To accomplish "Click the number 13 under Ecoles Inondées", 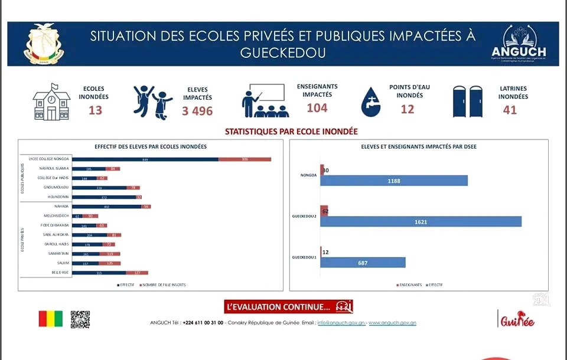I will tap(95, 110).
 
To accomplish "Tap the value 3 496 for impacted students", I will tap(197, 111).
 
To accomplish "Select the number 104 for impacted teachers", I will tap(317, 107).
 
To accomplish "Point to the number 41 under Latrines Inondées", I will tap(510, 110).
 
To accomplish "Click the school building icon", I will tap(51, 102).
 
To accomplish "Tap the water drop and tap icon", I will tap(371, 102).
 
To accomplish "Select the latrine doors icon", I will tap(467, 102).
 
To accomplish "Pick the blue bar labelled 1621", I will tap(421, 221).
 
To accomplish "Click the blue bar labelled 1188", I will tap(394, 181).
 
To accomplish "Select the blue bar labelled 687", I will tap(363, 262).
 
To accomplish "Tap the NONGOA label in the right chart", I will tap(308, 175).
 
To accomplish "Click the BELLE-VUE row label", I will tap(60, 273).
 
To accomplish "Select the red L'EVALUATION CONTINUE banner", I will tap(288, 307).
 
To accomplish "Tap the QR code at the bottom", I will tap(80, 319).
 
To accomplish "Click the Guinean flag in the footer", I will tap(50, 319).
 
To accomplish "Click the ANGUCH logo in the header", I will tap(519, 42).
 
